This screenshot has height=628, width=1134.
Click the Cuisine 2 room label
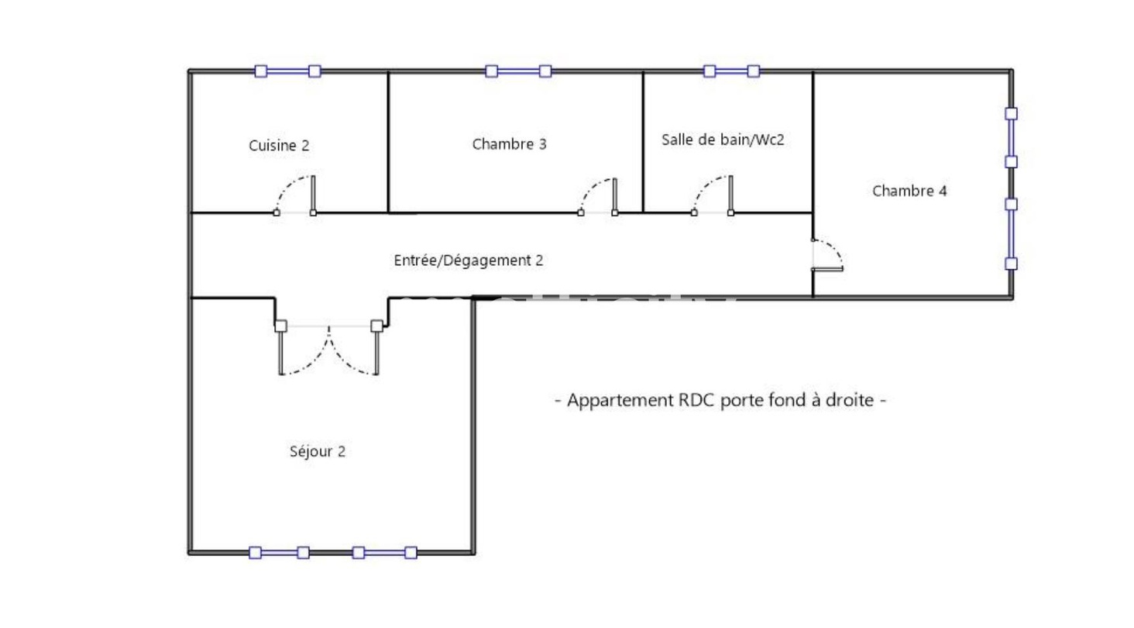click(279, 145)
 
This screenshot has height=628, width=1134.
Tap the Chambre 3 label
click(509, 143)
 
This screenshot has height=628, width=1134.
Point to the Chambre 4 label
click(909, 191)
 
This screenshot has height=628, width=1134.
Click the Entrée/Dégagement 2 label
click(468, 261)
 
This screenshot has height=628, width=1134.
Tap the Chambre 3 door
click(598, 196)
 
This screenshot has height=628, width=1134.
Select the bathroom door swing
click(712, 195)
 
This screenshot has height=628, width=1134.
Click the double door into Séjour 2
click(328, 348)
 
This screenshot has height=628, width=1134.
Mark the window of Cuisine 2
click(287, 71)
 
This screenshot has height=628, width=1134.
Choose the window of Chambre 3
click(518, 71)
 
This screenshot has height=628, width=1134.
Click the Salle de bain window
click(731, 71)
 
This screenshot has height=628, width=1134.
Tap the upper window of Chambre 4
click(1011, 137)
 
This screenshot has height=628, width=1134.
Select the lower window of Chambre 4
click(1011, 233)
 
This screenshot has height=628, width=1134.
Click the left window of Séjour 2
click(279, 553)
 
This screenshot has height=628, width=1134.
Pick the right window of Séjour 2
click(384, 553)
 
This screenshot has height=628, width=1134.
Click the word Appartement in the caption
click(616, 401)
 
